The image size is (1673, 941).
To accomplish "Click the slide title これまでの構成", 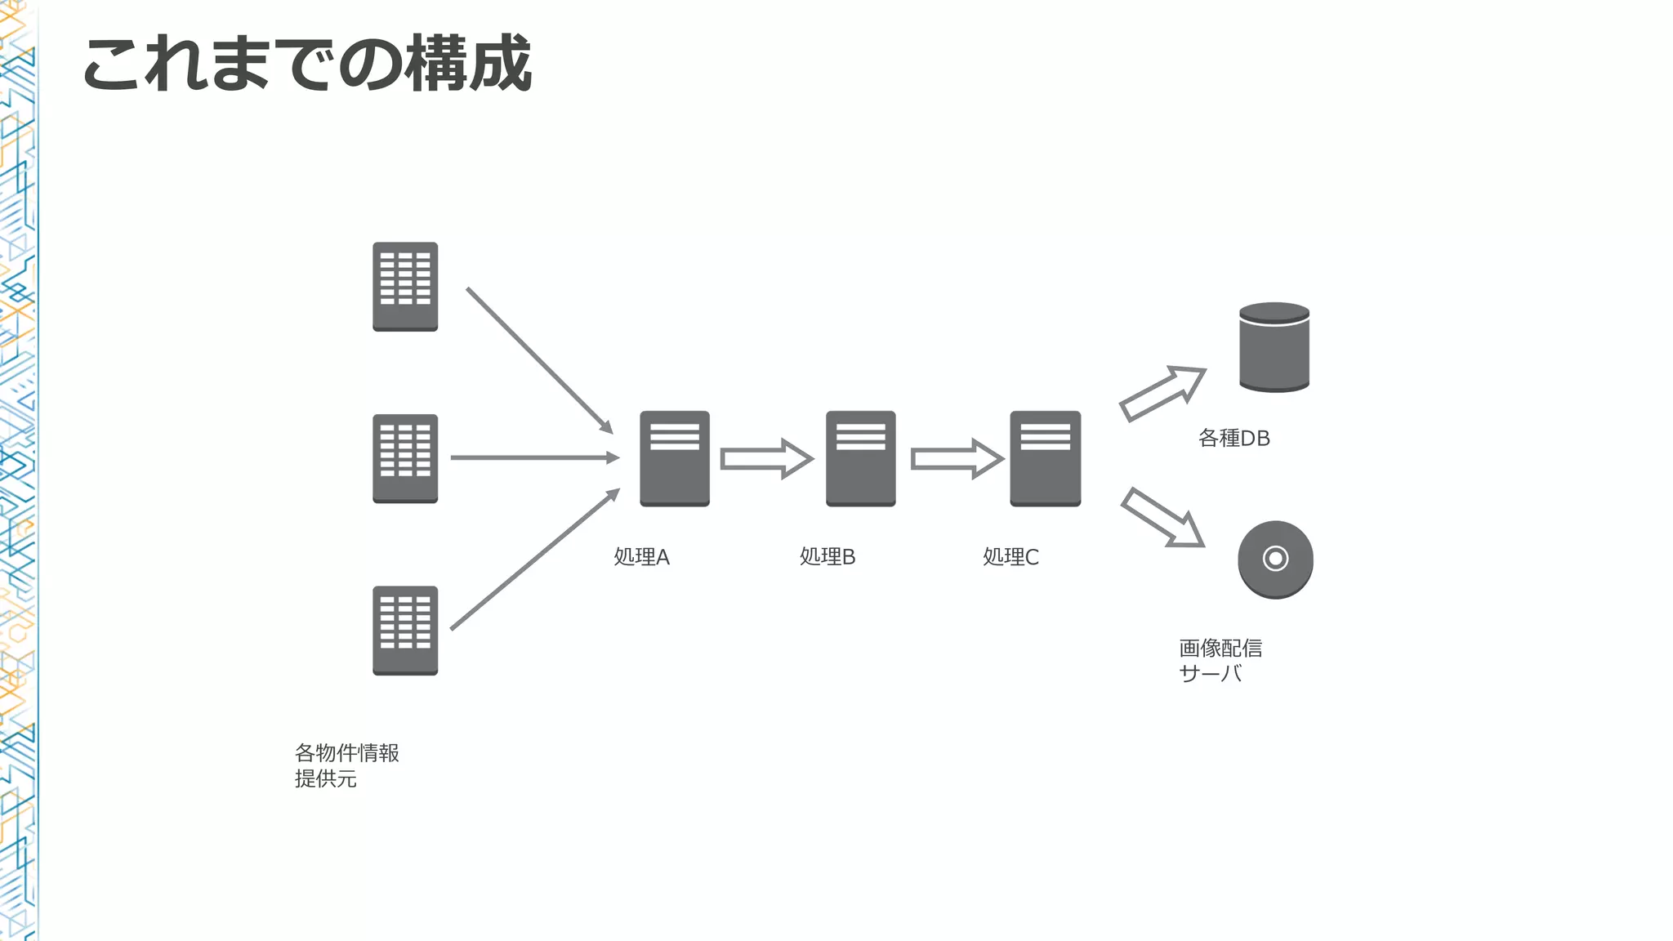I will [307, 64].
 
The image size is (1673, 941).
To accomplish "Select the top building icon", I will [405, 287].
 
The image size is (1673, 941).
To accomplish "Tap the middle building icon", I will [405, 458].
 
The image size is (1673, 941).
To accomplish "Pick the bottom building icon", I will [405, 631].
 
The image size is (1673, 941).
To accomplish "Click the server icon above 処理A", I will [675, 458].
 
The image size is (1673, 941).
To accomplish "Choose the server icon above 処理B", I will [860, 458].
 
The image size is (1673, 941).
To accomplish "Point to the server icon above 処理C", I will [1045, 458].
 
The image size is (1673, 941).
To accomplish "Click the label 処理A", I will [641, 557].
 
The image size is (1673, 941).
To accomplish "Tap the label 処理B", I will [827, 557].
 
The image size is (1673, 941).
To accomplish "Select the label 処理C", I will [1010, 557].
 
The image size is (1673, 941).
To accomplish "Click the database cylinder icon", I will [1274, 348].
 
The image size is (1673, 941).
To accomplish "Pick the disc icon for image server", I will [1275, 560].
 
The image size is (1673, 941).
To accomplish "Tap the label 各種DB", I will [1234, 439].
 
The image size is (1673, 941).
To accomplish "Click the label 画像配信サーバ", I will [1220, 661].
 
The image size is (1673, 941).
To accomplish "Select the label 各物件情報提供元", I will [346, 765].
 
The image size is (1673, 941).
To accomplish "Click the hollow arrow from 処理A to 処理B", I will [766, 459].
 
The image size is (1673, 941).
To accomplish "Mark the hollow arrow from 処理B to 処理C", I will [957, 459].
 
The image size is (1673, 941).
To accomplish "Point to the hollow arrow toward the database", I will [1162, 394].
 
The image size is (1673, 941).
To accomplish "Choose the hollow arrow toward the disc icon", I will [1162, 518].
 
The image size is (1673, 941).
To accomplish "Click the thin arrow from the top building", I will [539, 360].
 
